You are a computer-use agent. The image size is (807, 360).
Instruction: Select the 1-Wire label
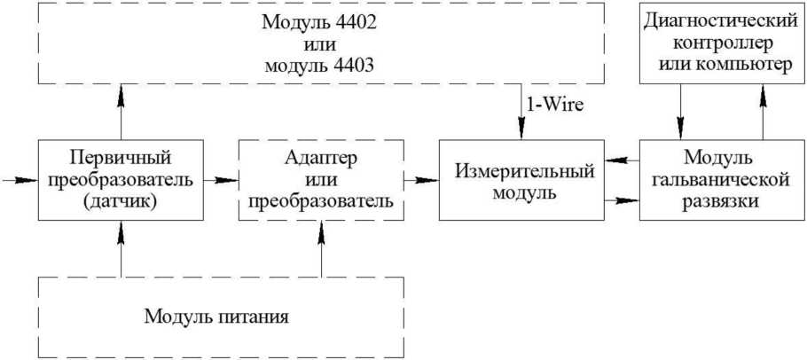point(555,105)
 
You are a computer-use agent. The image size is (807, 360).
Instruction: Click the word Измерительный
point(515,171)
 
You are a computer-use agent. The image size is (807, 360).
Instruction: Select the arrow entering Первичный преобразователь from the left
point(20,180)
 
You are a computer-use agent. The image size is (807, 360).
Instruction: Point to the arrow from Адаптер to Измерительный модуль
point(420,180)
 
